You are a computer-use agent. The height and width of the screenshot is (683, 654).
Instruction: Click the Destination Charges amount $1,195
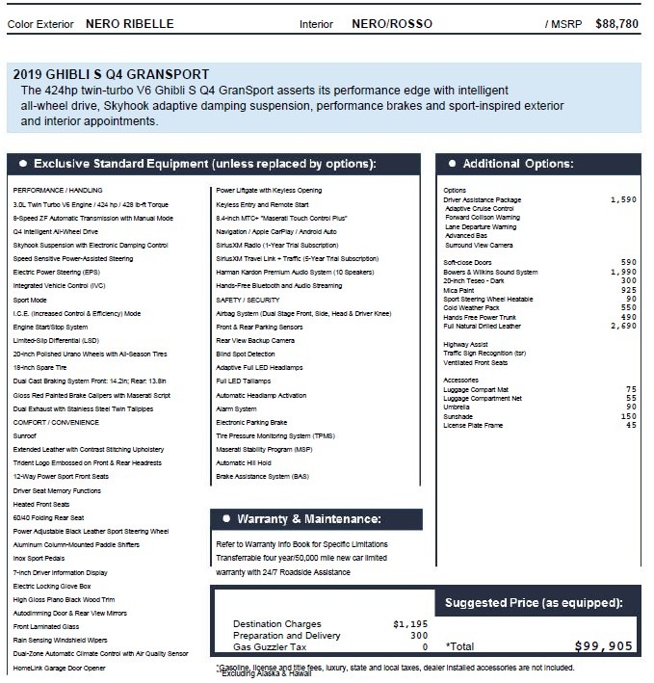tap(409, 624)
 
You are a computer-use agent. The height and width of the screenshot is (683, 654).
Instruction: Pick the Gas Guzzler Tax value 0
tap(423, 647)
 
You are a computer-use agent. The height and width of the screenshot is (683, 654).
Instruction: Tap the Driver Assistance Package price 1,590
tap(623, 199)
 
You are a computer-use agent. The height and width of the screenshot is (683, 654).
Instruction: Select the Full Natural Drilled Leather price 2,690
tap(623, 328)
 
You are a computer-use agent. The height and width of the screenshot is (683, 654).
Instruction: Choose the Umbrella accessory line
tap(458, 406)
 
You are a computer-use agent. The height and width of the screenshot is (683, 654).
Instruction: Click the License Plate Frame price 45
tap(630, 425)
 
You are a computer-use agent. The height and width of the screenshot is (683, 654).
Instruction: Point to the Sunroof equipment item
tap(26, 435)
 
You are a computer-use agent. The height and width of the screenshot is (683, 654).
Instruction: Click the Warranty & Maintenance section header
tap(306, 518)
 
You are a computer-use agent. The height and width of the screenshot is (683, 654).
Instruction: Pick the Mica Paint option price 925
tap(626, 290)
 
